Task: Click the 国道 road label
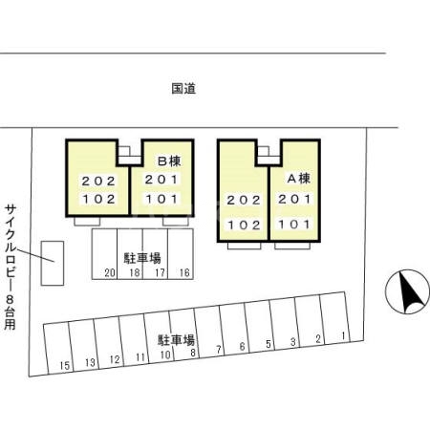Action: click(x=184, y=89)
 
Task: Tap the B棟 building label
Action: click(x=169, y=161)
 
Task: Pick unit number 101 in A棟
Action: click(x=294, y=225)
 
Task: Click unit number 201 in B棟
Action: click(x=161, y=180)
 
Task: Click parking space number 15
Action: click(x=64, y=365)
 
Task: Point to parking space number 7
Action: click(x=219, y=349)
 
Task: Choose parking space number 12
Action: click(x=115, y=360)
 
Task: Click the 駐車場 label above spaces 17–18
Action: click(x=141, y=258)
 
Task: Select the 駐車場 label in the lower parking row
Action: click(x=177, y=339)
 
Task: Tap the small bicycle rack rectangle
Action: click(x=52, y=263)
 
